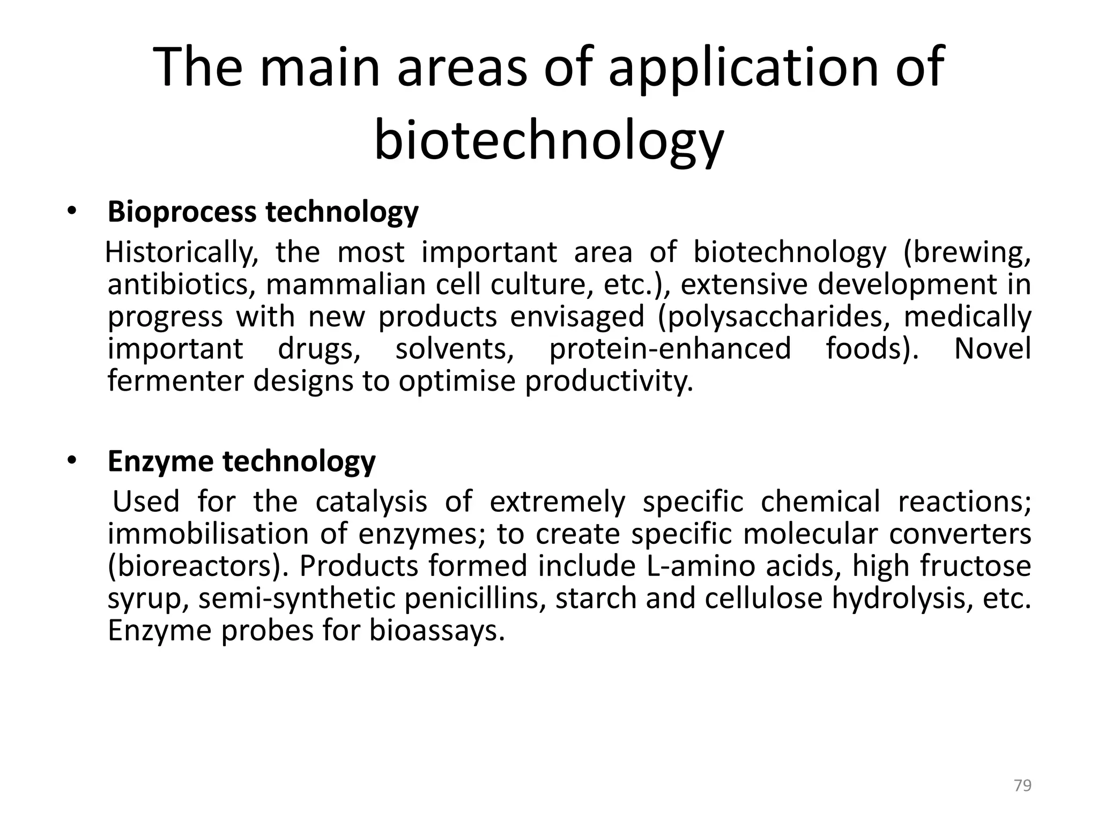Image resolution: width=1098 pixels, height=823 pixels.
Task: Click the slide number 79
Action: (x=1023, y=785)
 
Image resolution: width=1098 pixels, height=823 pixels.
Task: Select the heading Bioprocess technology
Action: (x=263, y=212)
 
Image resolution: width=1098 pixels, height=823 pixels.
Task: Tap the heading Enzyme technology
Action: (x=241, y=461)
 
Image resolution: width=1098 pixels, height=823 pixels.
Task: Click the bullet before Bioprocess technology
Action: (x=72, y=212)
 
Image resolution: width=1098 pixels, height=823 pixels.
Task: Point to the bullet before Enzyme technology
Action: (x=72, y=461)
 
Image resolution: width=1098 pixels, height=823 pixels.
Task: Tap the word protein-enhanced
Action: (x=670, y=349)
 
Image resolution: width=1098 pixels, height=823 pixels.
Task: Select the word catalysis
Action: (x=371, y=502)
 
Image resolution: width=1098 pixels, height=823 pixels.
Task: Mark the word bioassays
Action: (x=437, y=631)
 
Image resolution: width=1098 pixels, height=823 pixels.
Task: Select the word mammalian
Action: (x=346, y=285)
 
